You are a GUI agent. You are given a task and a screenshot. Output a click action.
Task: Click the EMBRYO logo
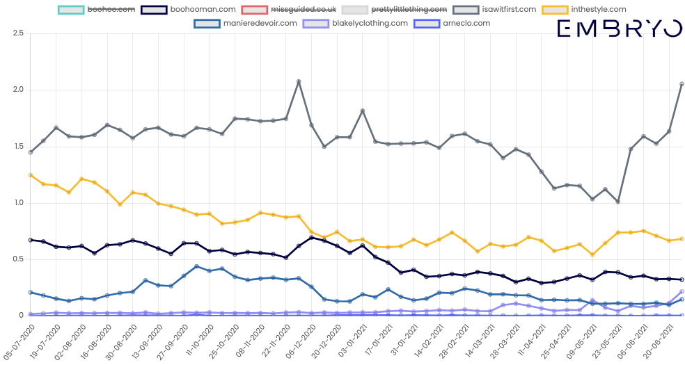pyautogui.click(x=620, y=29)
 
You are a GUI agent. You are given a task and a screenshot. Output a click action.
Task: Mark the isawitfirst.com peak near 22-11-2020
pyautogui.click(x=299, y=81)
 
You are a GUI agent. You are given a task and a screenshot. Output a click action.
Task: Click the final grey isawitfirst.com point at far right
pyautogui.click(x=682, y=84)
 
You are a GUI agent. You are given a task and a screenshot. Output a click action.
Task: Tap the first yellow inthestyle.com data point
pyautogui.click(x=30, y=175)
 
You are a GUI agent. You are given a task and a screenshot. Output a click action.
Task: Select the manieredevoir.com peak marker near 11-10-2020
pyautogui.click(x=197, y=266)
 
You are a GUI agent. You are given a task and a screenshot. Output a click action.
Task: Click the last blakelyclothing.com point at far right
pyautogui.click(x=682, y=292)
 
